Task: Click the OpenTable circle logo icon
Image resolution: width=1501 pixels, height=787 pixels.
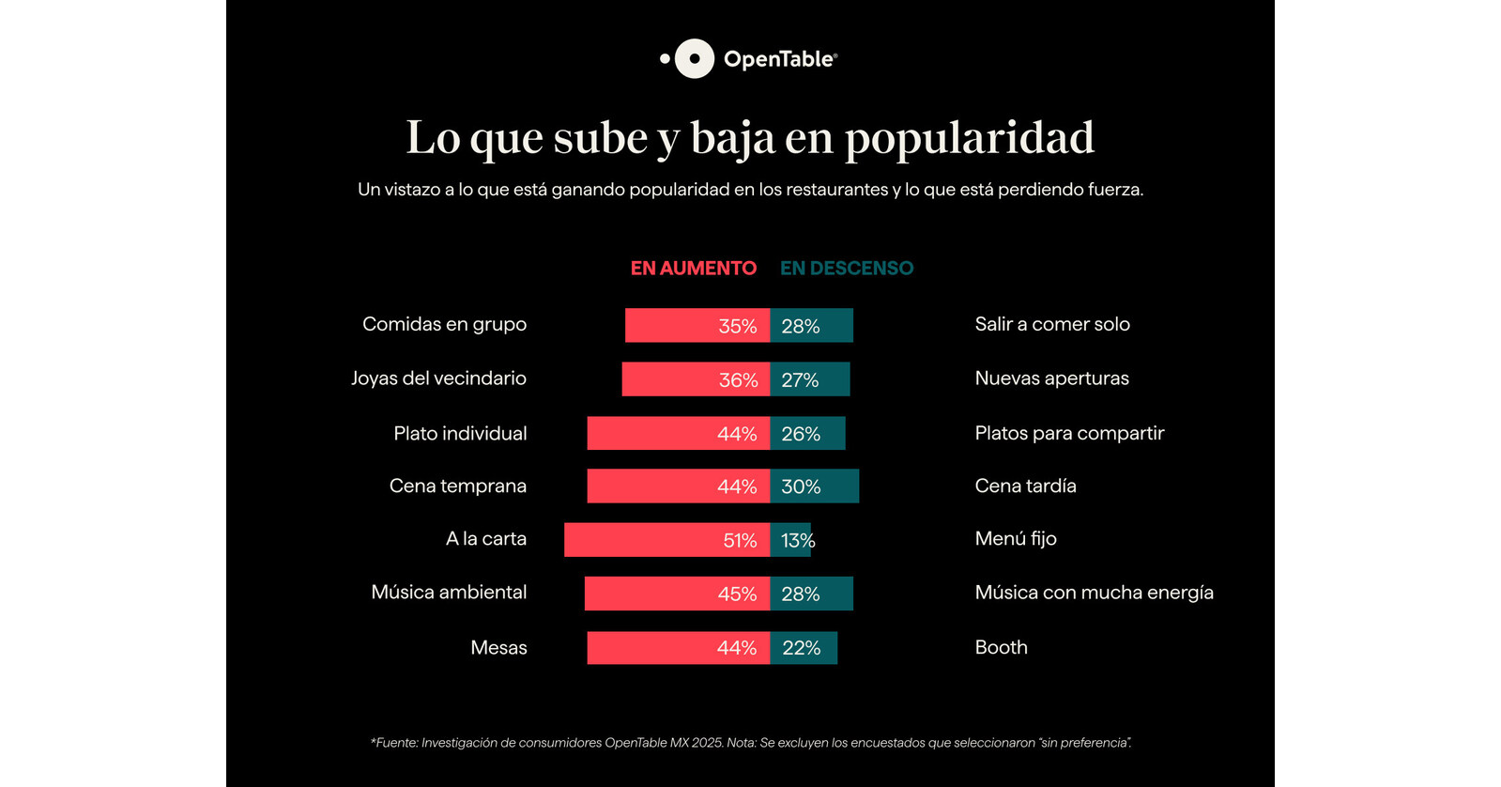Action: pyautogui.click(x=694, y=58)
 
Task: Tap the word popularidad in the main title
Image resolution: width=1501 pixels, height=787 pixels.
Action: pyautogui.click(x=969, y=138)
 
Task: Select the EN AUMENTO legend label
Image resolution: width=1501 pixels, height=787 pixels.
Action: pyautogui.click(x=693, y=269)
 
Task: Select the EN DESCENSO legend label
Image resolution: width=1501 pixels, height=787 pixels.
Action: pyautogui.click(x=846, y=269)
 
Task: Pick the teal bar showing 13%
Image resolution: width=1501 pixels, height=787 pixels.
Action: pyautogui.click(x=790, y=540)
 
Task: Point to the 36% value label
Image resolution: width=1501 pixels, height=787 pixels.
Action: pyautogui.click(x=738, y=380)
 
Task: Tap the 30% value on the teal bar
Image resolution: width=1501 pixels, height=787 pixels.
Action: pyautogui.click(x=801, y=486)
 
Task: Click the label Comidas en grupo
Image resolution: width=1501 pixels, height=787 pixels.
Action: pyautogui.click(x=444, y=324)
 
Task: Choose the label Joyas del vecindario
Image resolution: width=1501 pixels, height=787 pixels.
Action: pyautogui.click(x=438, y=378)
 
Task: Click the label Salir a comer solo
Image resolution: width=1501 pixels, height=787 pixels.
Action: pyautogui.click(x=1051, y=324)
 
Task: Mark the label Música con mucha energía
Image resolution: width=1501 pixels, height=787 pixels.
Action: pyautogui.click(x=1094, y=593)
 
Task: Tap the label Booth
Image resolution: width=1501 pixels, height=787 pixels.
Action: pyautogui.click(x=1001, y=647)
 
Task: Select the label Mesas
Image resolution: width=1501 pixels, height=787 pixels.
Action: pyautogui.click(x=498, y=648)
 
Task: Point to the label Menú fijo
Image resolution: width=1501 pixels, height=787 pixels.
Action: pyautogui.click(x=1015, y=539)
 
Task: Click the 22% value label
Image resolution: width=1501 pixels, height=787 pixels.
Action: pyautogui.click(x=801, y=648)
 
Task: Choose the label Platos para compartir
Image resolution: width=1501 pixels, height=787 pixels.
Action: pyautogui.click(x=1068, y=433)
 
